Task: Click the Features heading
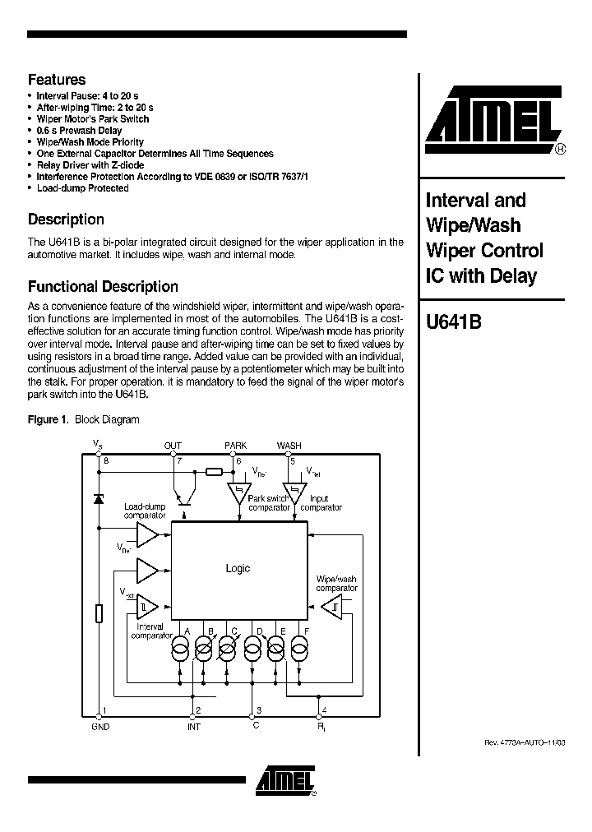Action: [x=57, y=80]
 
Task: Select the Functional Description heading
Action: [x=103, y=287]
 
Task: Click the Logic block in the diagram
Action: [x=237, y=568]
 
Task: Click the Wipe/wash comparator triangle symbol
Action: [x=335, y=608]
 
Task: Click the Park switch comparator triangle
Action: [x=239, y=495]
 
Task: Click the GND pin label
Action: [x=100, y=727]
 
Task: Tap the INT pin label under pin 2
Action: [x=194, y=727]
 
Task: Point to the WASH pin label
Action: [x=289, y=446]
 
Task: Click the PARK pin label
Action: [x=235, y=446]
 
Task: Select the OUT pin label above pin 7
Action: [x=173, y=446]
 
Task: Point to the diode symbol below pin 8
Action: [x=99, y=498]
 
